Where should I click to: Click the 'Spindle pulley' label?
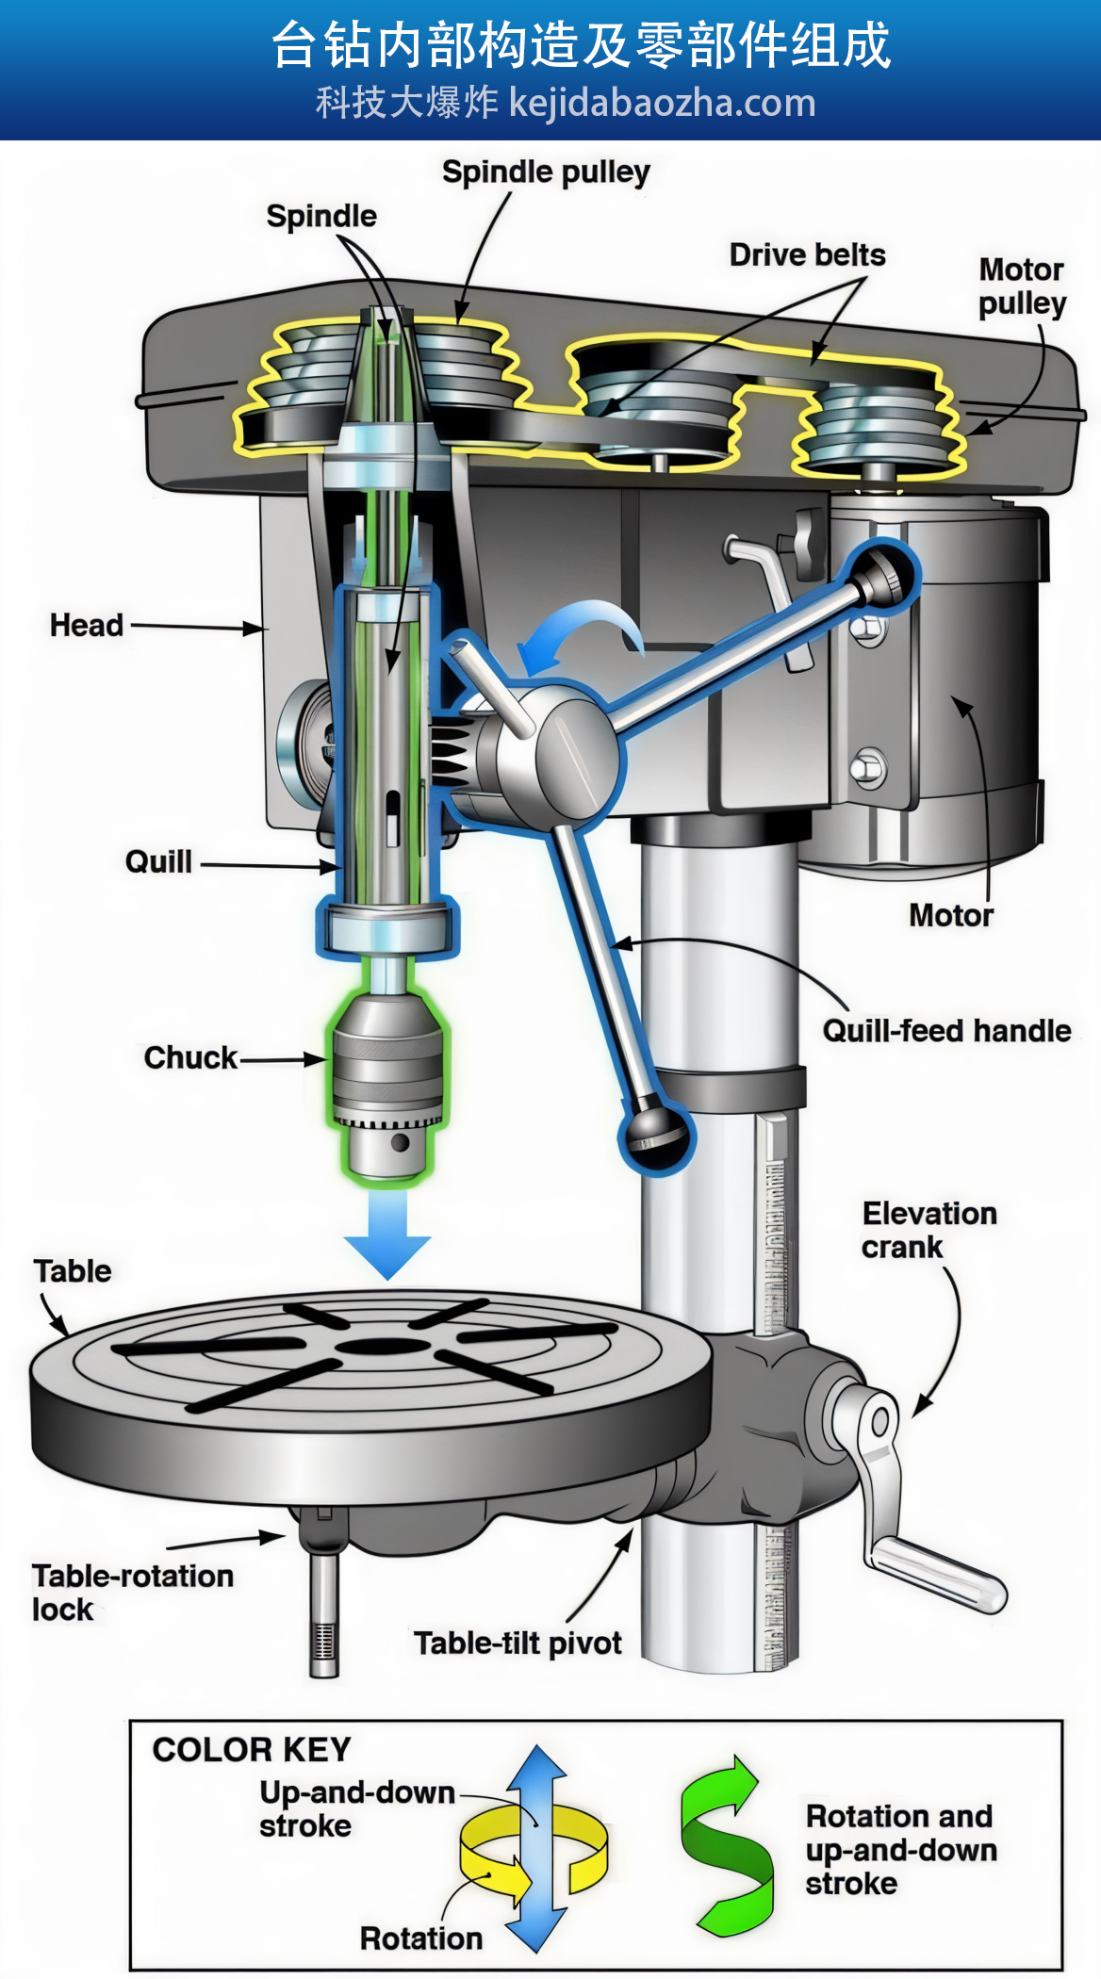[546, 172]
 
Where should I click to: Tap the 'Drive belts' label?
[807, 255]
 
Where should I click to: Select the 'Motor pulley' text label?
[1022, 286]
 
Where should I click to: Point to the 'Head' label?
[87, 625]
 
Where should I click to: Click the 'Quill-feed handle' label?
[946, 1031]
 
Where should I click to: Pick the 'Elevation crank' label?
[929, 1230]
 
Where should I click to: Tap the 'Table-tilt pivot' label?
[518, 1644]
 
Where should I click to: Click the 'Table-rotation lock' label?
[133, 1593]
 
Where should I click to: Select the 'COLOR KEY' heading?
[252, 1750]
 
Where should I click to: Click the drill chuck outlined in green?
[386, 1084]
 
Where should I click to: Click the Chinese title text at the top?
[581, 45]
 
